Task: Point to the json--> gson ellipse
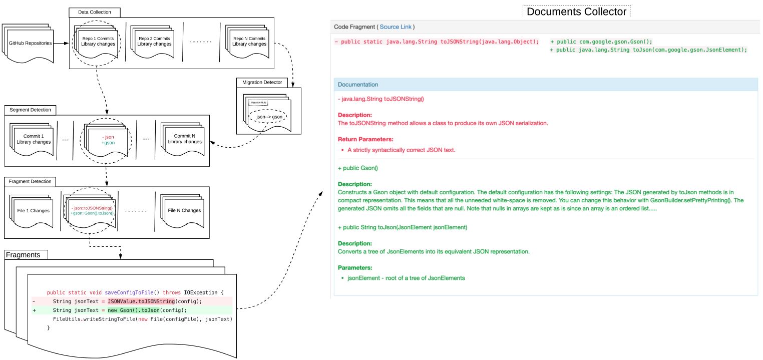[269, 116]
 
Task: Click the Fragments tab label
[23, 255]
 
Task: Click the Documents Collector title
[576, 12]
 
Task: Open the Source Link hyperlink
[396, 27]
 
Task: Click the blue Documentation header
[358, 85]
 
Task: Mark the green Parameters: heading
[354, 267]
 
